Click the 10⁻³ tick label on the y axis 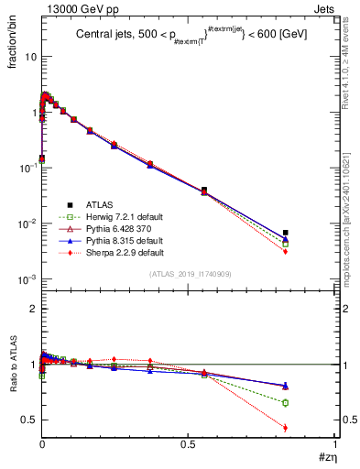[27, 279]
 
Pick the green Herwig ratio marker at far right [286, 403]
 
